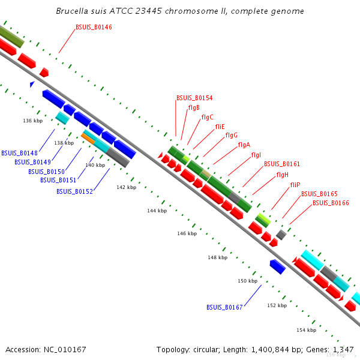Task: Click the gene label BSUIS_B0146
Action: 94,28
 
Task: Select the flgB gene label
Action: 194,108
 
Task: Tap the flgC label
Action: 208,117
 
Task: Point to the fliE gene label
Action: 220,127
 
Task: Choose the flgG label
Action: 232,136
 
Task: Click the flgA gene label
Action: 244,145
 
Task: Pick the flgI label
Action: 256,155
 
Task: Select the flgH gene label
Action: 283,175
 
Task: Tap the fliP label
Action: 295,185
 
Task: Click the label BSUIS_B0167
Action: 224,307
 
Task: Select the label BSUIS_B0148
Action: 19,153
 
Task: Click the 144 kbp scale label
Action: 157,211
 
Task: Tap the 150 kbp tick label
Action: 247,281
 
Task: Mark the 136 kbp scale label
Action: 33,121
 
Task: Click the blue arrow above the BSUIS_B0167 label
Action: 277,267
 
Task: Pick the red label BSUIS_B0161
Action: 282,164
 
